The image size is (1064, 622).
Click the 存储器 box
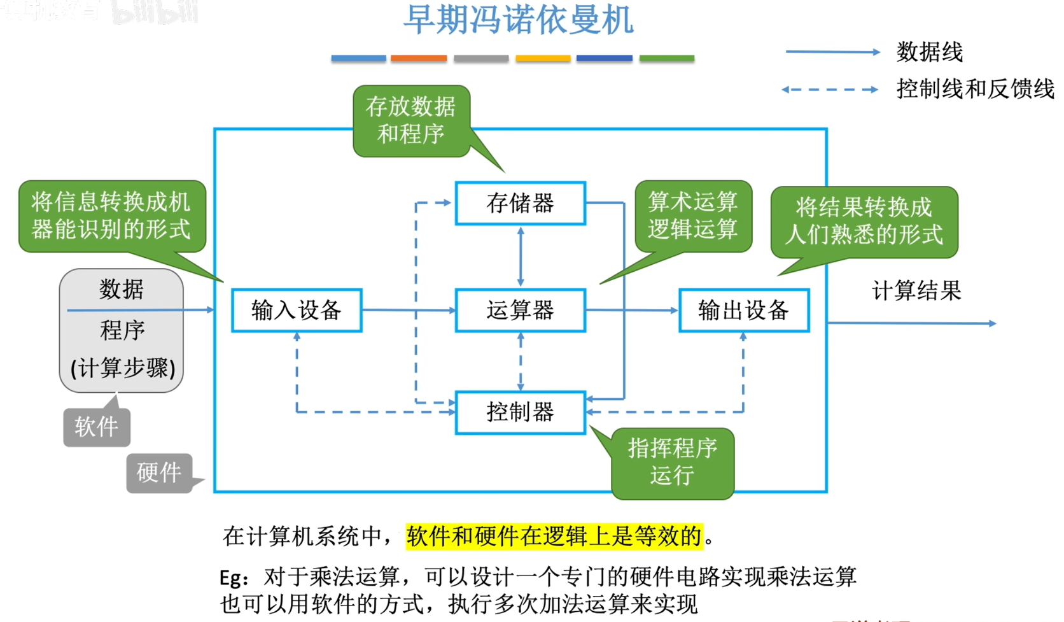pyautogui.click(x=520, y=203)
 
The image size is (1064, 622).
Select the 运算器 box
pyautogui.click(x=520, y=310)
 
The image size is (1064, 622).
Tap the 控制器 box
pyautogui.click(x=520, y=412)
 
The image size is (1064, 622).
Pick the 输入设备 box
pyautogui.click(x=297, y=310)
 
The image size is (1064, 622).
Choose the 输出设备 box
pyautogui.click(x=743, y=310)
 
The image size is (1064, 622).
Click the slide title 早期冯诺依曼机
pyautogui.click(x=518, y=20)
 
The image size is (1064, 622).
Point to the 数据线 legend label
pyautogui.click(x=930, y=52)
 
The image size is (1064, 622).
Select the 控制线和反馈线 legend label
pyautogui.click(x=975, y=89)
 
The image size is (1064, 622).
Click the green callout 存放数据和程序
pyautogui.click(x=411, y=120)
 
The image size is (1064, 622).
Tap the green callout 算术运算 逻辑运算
pyautogui.click(x=693, y=215)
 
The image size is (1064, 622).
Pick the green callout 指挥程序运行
pyautogui.click(x=672, y=462)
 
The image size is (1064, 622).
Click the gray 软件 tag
pyautogui.click(x=96, y=427)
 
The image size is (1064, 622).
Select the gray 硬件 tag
pyautogui.click(x=159, y=472)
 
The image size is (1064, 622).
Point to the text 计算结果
pyautogui.click(x=916, y=291)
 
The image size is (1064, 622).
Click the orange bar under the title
pyautogui.click(x=419, y=59)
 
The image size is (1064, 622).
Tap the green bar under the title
pyautogui.click(x=666, y=59)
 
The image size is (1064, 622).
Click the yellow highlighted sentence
pyautogui.click(x=554, y=536)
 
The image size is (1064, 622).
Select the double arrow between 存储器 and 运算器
pyautogui.click(x=521, y=257)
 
